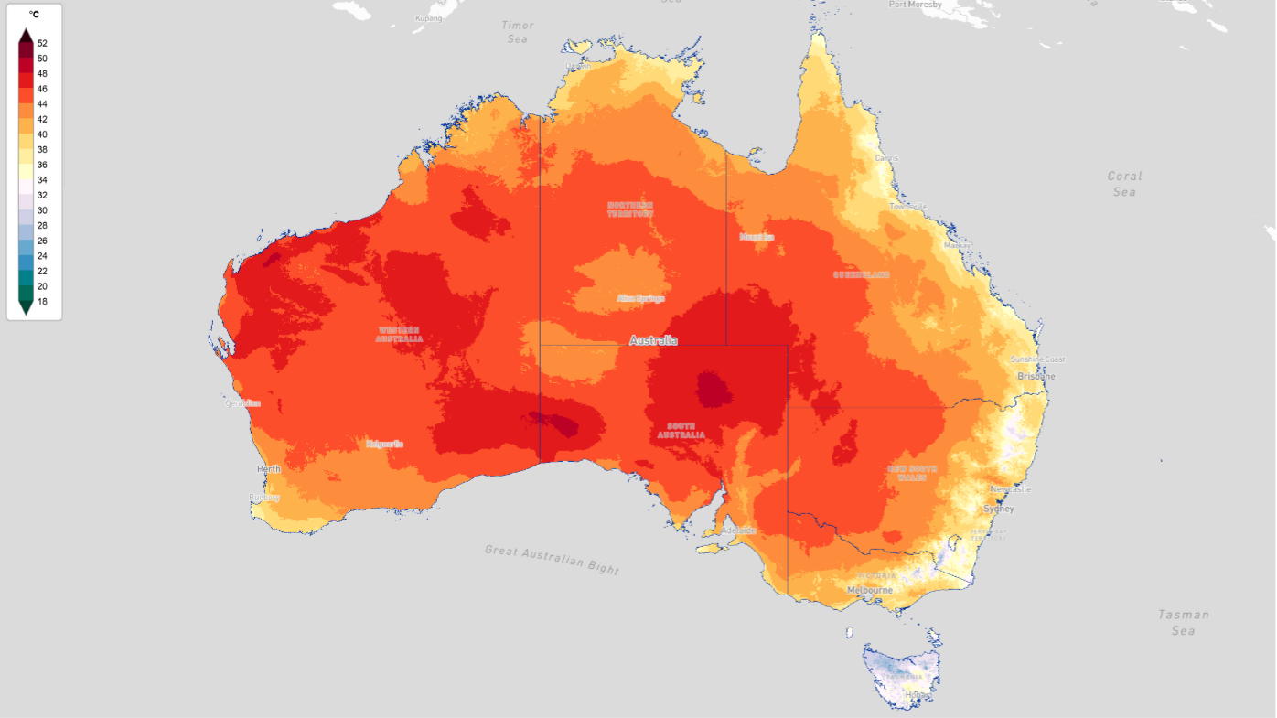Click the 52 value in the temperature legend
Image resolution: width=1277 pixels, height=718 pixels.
click(42, 43)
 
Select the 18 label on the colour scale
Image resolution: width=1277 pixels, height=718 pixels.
click(42, 301)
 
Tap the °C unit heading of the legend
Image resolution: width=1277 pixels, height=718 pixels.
click(34, 15)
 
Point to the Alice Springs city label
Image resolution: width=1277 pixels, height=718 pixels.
click(640, 298)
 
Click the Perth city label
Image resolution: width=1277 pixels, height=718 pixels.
click(269, 469)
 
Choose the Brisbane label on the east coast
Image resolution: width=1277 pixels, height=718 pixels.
click(1036, 376)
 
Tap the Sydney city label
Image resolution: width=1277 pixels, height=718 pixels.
click(998, 509)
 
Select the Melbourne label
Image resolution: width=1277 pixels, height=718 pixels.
click(869, 590)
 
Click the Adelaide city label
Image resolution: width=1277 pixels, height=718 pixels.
click(739, 530)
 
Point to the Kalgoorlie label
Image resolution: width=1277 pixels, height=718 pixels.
click(385, 444)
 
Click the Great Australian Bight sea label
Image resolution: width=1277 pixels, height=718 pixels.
click(553, 559)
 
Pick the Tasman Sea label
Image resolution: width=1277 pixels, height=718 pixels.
click(1184, 622)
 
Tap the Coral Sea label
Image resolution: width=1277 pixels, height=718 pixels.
click(1124, 184)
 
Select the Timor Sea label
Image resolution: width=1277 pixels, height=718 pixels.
click(518, 32)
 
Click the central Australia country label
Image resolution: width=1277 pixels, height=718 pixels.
click(653, 340)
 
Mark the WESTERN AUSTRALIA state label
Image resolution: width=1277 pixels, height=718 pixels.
click(399, 334)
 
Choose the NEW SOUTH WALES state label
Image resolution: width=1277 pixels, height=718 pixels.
click(912, 473)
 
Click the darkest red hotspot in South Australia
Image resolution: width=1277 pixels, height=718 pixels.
click(714, 389)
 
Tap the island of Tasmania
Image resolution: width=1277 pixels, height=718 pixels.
click(901, 672)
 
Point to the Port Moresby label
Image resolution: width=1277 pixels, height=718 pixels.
click(915, 5)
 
